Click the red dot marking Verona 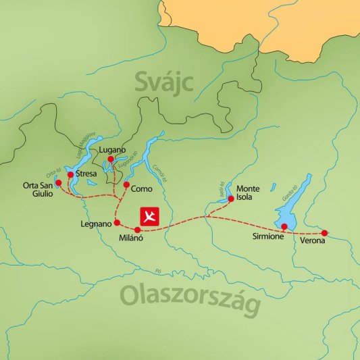pos(324,233)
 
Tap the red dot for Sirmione pos(284,226)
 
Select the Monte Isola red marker pos(231,199)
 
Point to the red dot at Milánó pos(138,230)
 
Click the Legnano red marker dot pos(117,222)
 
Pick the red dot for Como pos(126,184)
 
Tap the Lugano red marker pos(111,159)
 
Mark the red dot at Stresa pos(70,174)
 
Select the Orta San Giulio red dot pos(58,182)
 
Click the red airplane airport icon pos(149,216)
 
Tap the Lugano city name pos(112,149)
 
